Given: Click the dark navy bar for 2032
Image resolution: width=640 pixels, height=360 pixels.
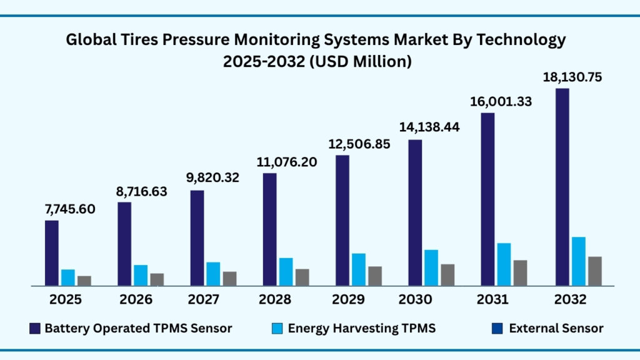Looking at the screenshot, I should [x=562, y=187].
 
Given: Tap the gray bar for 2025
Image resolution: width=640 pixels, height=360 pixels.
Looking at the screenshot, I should [x=84, y=281].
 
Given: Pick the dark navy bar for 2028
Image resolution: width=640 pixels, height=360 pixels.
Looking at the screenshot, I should [x=269, y=229].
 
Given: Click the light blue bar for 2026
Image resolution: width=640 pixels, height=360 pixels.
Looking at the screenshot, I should [x=141, y=275].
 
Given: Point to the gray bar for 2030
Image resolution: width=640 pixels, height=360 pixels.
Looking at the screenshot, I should [x=447, y=275].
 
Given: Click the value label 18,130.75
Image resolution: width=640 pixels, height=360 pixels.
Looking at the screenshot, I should [x=571, y=77].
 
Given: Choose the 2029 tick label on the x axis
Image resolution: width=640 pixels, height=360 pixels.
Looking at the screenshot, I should [x=349, y=300].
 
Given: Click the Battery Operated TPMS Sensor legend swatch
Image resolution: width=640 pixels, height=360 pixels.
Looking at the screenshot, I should [x=35, y=328].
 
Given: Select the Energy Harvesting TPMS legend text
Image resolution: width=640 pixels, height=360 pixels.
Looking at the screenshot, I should [x=361, y=328].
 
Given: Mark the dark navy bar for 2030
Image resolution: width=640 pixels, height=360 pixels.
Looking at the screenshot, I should [x=416, y=212].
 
